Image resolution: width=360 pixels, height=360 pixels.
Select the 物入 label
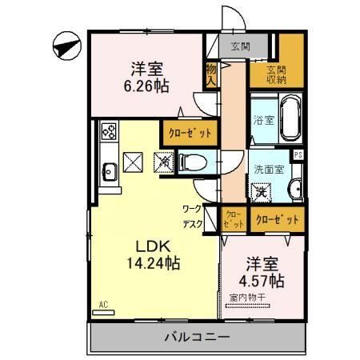click(x=211, y=76)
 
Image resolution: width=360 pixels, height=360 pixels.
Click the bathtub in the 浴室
click(x=289, y=118)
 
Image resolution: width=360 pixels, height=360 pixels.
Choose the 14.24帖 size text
click(x=150, y=262)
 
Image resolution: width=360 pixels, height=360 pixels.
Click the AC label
click(x=103, y=304)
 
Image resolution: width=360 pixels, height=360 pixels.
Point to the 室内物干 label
click(x=252, y=298)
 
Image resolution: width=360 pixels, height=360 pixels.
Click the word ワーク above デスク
click(x=192, y=210)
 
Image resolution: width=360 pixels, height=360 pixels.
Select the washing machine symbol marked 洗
click(x=261, y=193)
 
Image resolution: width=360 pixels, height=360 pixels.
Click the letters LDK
click(x=150, y=243)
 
